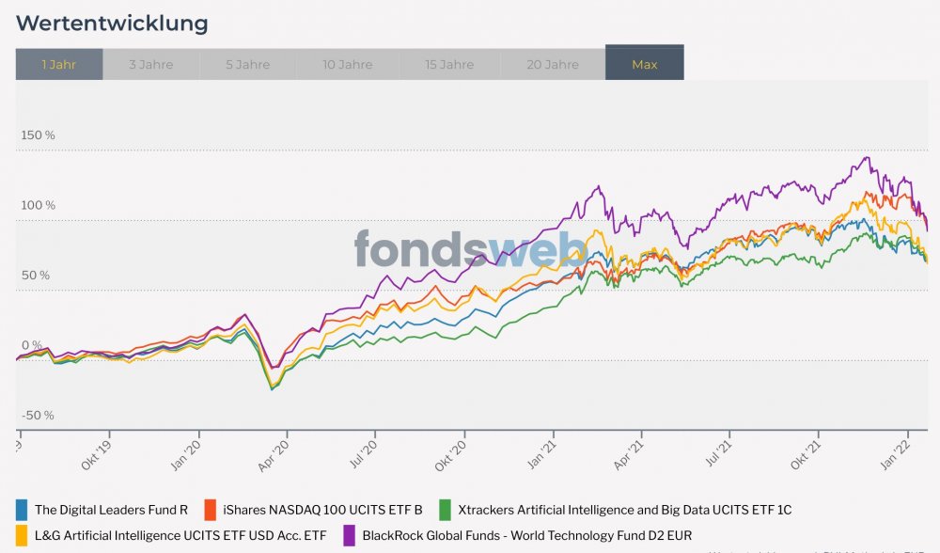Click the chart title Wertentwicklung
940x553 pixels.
[112, 23]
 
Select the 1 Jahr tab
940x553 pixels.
[59, 64]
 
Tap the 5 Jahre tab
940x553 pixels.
[248, 64]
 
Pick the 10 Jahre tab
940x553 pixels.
[348, 64]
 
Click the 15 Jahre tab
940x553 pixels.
[449, 64]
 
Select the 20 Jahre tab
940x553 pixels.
[553, 64]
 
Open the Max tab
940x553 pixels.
[645, 64]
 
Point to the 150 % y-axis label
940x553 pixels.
[38, 135]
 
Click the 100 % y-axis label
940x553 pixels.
[38, 205]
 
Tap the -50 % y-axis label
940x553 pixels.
[38, 416]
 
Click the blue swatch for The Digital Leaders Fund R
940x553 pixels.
[22, 510]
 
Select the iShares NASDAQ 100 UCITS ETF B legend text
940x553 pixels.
[322, 510]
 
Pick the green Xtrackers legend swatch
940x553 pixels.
[445, 510]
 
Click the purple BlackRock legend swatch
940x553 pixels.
[349, 535]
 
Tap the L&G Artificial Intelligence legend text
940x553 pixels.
[180, 535]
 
